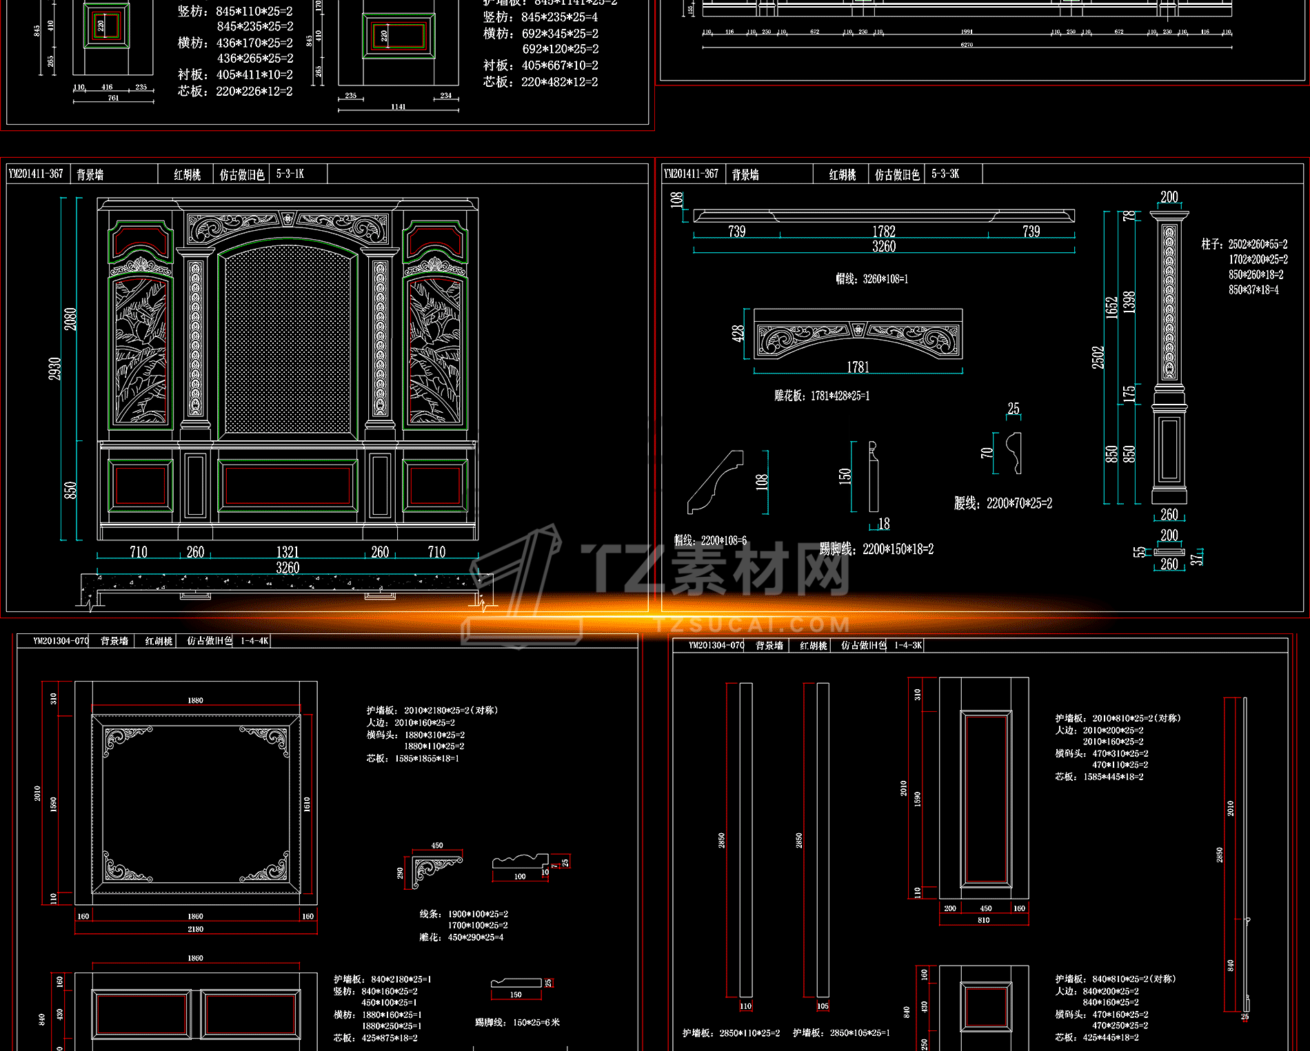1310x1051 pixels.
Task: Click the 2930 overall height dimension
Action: point(54,368)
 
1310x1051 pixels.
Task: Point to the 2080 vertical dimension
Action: point(70,318)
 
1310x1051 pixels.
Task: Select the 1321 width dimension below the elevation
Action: point(288,552)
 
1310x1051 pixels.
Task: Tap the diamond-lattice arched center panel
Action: point(288,341)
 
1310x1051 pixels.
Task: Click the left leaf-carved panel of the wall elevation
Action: point(141,351)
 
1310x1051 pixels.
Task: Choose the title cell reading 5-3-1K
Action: point(290,174)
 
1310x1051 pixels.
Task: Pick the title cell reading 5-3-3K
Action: point(945,174)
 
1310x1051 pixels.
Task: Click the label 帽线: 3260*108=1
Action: point(871,279)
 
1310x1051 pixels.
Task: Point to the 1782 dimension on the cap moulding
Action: point(884,232)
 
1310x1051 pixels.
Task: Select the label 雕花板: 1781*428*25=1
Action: point(822,396)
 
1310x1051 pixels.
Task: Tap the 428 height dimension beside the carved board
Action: point(738,334)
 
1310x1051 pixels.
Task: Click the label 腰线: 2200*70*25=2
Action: point(1003,504)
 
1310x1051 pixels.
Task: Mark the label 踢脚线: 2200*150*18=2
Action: point(876,549)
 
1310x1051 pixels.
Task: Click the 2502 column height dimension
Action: point(1098,357)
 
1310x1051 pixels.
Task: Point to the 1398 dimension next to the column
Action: point(1129,302)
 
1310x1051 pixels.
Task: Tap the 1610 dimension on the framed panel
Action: point(307,804)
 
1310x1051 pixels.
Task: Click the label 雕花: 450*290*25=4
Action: point(461,937)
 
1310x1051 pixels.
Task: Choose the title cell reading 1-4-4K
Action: point(254,641)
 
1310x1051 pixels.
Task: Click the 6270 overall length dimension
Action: point(967,45)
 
